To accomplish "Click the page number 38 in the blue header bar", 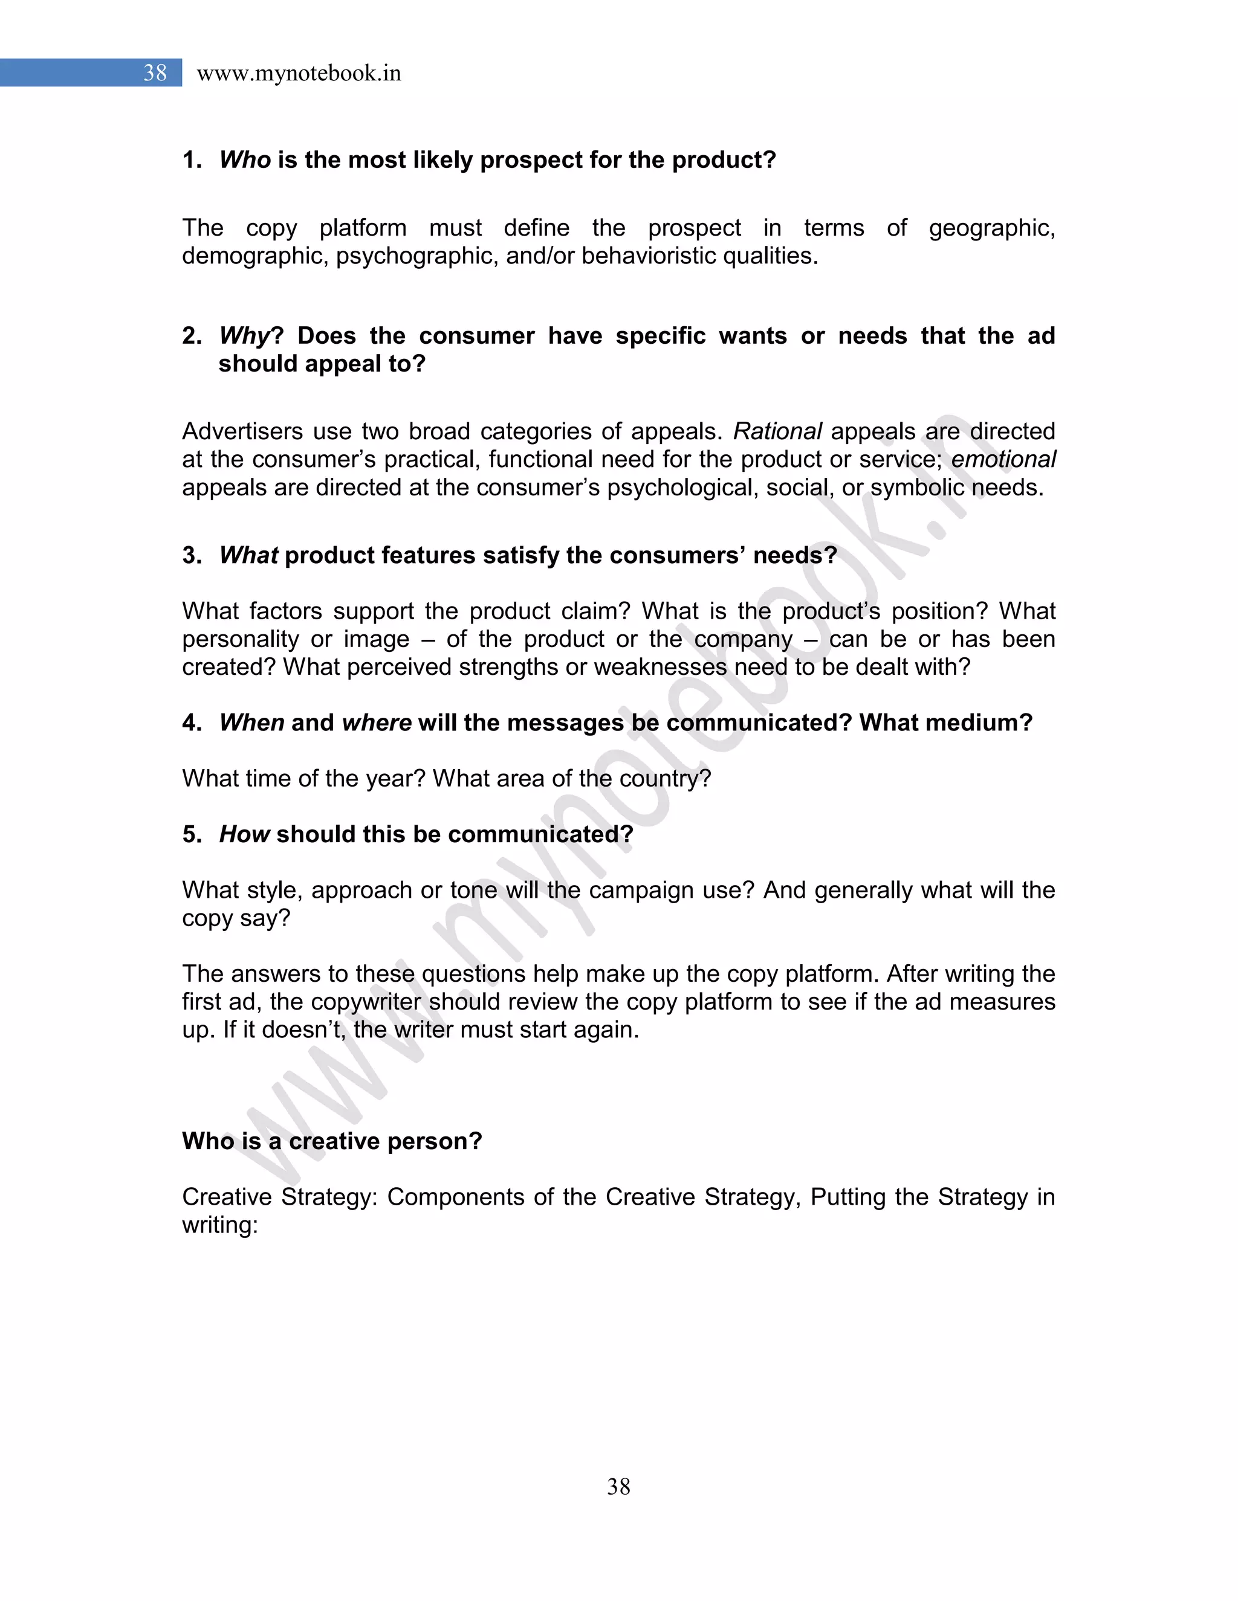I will tap(155, 72).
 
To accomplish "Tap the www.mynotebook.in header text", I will tap(299, 73).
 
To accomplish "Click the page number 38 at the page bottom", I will tap(618, 1486).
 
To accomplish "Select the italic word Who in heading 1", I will tap(245, 160).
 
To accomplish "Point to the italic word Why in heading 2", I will tap(245, 336).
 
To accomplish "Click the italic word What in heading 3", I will tap(248, 555).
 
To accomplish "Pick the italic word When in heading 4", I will tap(251, 722).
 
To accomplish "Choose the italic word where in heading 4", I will tap(376, 722).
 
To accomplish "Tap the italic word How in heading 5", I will tap(244, 834).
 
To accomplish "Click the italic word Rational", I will tap(777, 431).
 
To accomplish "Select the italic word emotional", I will tap(1003, 459).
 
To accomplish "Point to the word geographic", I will tap(991, 228).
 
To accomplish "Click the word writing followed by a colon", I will tap(219, 1224).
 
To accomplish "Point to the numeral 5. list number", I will tap(192, 834).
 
